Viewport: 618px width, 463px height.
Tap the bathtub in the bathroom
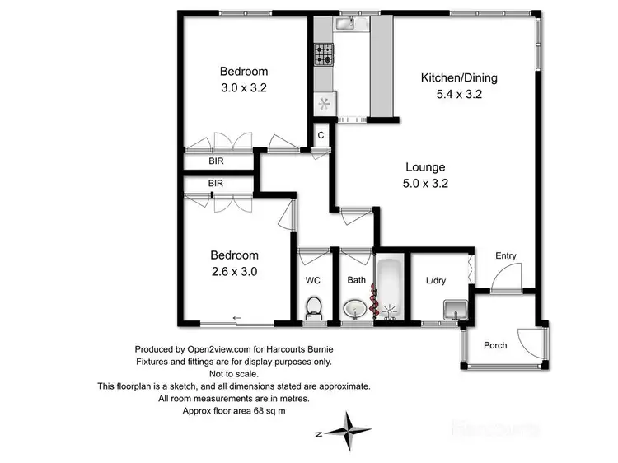click(390, 288)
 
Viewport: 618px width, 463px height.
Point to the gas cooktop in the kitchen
click(322, 54)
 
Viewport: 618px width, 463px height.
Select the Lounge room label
click(424, 167)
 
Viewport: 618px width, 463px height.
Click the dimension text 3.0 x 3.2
click(243, 87)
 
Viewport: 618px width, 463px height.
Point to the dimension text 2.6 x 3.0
click(235, 270)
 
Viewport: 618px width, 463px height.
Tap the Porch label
click(494, 344)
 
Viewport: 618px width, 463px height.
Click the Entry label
click(506, 256)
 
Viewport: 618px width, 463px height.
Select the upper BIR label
click(216, 162)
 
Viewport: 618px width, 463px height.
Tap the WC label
click(313, 280)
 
